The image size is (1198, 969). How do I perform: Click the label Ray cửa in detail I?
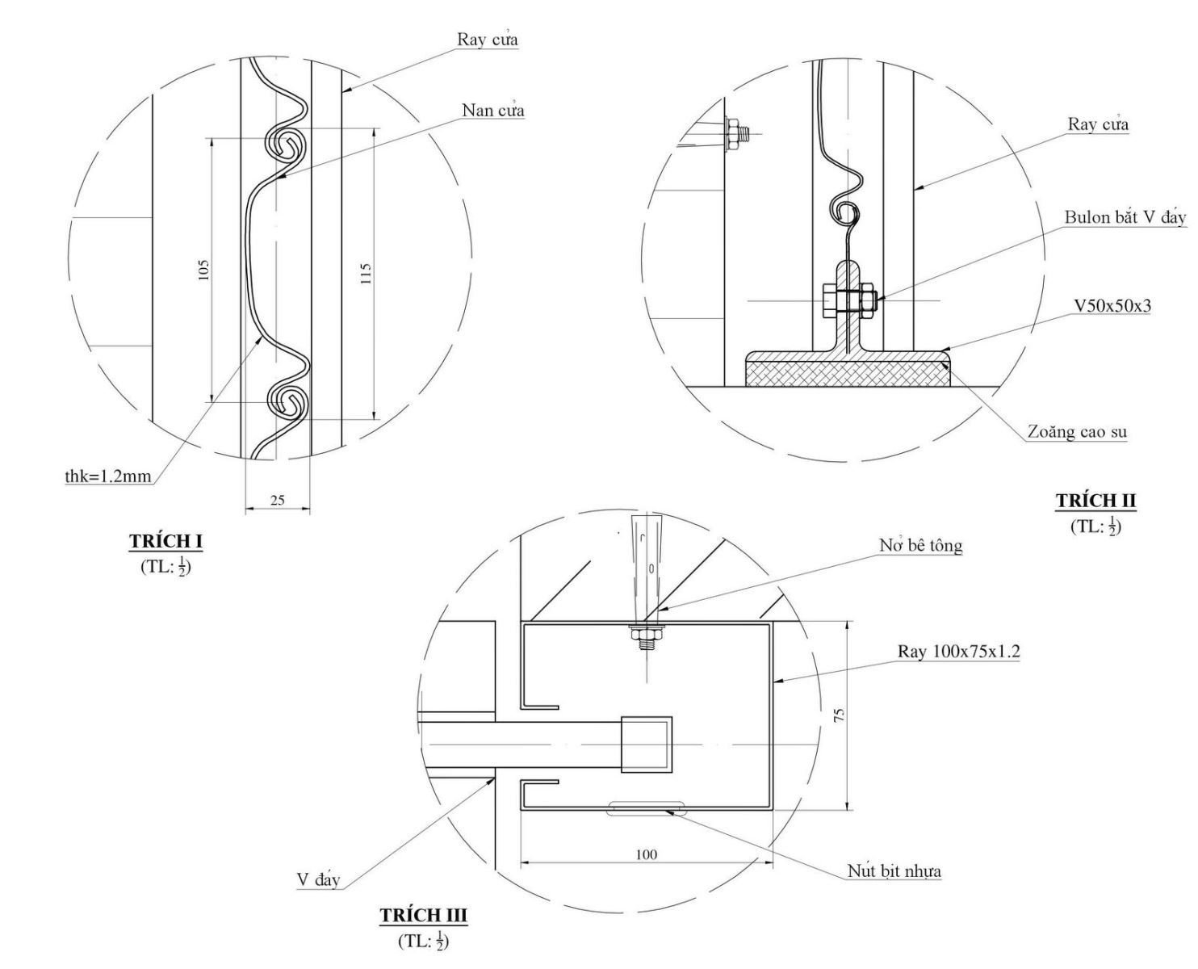tap(487, 40)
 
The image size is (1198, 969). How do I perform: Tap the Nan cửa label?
tap(492, 110)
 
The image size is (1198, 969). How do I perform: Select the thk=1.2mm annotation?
tap(108, 476)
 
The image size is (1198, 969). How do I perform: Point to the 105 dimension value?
tap(204, 270)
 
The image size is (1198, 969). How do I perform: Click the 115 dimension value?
tap(365, 273)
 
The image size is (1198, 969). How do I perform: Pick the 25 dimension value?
tap(277, 501)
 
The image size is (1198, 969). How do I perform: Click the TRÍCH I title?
tap(165, 540)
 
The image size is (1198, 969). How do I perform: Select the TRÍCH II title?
tap(1095, 501)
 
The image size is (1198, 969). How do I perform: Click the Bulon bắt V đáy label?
tap(1125, 217)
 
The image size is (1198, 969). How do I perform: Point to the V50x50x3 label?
tap(1112, 306)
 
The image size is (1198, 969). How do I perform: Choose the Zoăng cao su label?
tap(1077, 432)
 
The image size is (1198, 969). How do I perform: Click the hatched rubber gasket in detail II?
tap(847, 373)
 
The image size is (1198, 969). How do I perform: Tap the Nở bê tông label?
tap(920, 546)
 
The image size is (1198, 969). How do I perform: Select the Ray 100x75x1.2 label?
tap(958, 651)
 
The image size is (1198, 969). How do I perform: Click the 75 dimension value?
tap(839, 715)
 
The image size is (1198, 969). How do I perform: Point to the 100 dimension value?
tap(646, 854)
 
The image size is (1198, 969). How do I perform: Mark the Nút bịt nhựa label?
tap(894, 871)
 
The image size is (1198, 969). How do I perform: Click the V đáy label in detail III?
tap(318, 879)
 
